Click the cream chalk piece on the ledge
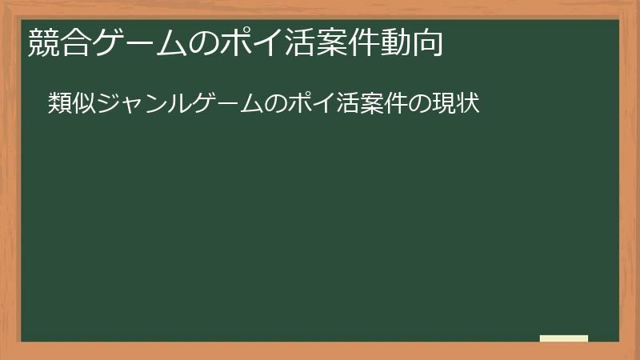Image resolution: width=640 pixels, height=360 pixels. click(564, 338)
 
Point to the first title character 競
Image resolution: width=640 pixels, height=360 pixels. click(43, 42)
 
